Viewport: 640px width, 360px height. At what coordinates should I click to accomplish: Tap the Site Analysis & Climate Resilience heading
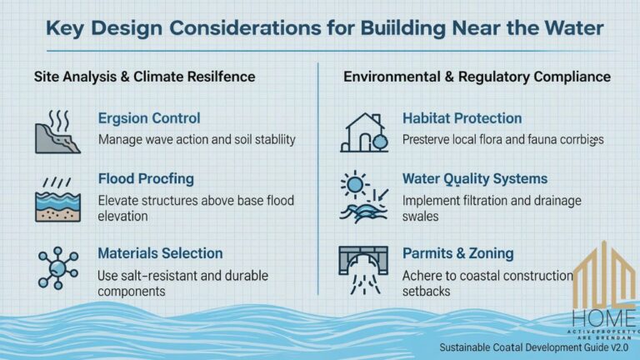pyautogui.click(x=144, y=77)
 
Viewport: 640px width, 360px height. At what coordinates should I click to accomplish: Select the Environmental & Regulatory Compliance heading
pyautogui.click(x=477, y=77)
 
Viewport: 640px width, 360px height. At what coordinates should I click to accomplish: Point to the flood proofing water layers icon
pyautogui.click(x=57, y=201)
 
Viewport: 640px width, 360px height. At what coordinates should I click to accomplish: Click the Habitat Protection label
pyautogui.click(x=462, y=118)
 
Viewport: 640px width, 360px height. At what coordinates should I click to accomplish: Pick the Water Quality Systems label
pyautogui.click(x=474, y=178)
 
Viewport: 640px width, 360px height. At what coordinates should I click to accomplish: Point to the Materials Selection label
pyautogui.click(x=160, y=252)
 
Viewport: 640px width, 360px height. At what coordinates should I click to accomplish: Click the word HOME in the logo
pyautogui.click(x=603, y=318)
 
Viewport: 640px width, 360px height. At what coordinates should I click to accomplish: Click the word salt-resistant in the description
pyautogui.click(x=156, y=275)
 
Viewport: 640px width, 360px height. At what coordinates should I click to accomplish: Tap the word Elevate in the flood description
pyautogui.click(x=121, y=200)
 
